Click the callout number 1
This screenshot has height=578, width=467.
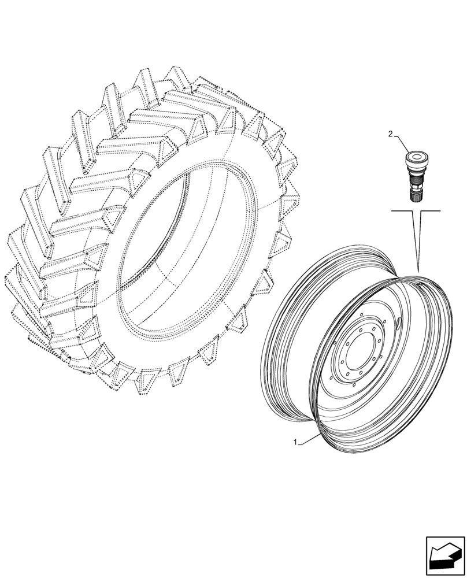pyautogui.click(x=295, y=442)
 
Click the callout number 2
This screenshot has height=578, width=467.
pyautogui.click(x=390, y=134)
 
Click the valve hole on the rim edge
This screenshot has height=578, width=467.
pyautogui.click(x=425, y=283)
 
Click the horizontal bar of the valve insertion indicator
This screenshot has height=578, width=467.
pyautogui.click(x=416, y=212)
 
